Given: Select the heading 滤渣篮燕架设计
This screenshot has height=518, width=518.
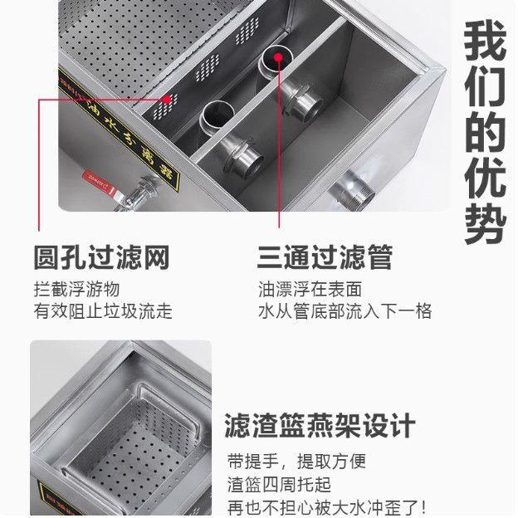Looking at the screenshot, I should (x=320, y=427).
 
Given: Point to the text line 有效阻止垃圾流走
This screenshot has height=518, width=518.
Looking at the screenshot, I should (x=103, y=312).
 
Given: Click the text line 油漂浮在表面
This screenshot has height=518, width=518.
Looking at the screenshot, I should (x=310, y=291).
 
